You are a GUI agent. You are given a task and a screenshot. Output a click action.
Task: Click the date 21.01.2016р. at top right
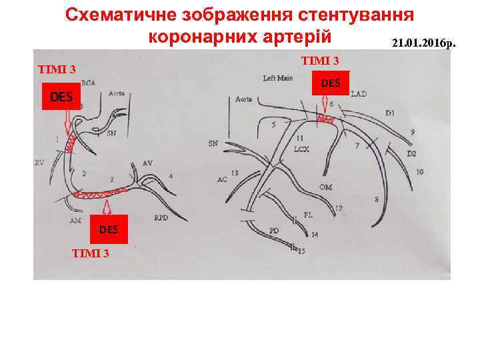(424, 43)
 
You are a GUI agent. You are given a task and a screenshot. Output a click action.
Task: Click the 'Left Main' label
(278, 78)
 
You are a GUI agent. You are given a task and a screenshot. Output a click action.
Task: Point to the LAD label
(358, 94)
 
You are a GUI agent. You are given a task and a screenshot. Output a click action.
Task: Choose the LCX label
(301, 149)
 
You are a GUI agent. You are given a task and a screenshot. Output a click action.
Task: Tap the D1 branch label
(389, 113)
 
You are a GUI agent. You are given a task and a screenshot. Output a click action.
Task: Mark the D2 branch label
(411, 154)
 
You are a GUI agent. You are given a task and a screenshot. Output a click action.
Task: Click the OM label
(325, 187)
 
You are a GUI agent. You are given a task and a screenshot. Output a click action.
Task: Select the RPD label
(161, 218)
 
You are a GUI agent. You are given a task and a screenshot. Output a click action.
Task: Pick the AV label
(147, 163)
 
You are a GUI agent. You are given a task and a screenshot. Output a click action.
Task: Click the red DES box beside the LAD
(330, 83)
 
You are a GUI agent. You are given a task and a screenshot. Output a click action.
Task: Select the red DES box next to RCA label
(61, 97)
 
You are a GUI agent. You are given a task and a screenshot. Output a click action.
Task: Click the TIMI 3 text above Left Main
(319, 61)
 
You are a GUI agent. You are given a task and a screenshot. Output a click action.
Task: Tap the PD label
(274, 231)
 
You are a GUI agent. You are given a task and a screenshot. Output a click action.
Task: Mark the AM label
(75, 219)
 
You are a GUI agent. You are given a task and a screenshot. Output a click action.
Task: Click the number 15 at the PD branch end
(301, 251)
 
